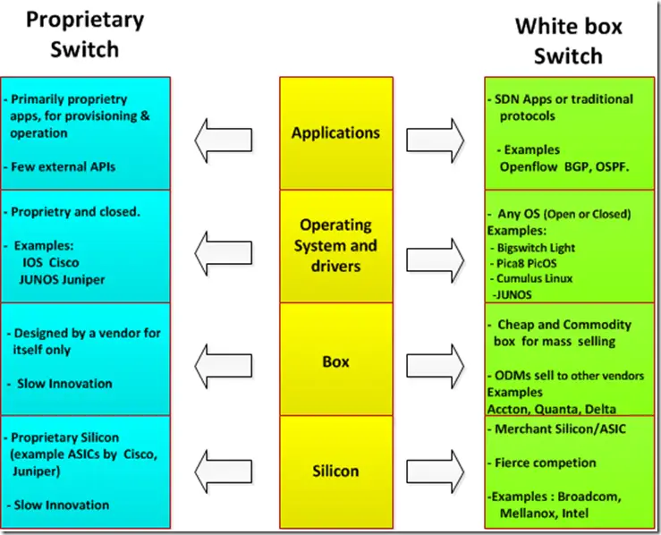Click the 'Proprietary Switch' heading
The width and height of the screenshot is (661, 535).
point(85,35)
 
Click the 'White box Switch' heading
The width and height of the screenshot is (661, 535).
point(568,41)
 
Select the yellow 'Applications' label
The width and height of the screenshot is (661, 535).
point(335,132)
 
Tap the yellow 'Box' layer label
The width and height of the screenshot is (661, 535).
point(335,361)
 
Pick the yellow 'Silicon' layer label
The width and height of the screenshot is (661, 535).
point(335,471)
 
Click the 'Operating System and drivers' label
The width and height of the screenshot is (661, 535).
point(335,245)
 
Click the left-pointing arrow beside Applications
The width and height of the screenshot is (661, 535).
point(224,140)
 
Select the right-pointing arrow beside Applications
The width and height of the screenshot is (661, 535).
point(435,140)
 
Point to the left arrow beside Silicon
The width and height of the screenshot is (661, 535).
point(224,471)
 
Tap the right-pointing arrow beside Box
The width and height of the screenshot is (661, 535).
point(435,366)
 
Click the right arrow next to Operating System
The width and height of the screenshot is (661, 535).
point(435,260)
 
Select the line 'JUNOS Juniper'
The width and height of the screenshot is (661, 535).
point(62,279)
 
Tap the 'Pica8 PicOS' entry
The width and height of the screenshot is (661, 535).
point(527,264)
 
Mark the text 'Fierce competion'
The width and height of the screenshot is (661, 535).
point(545,463)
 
